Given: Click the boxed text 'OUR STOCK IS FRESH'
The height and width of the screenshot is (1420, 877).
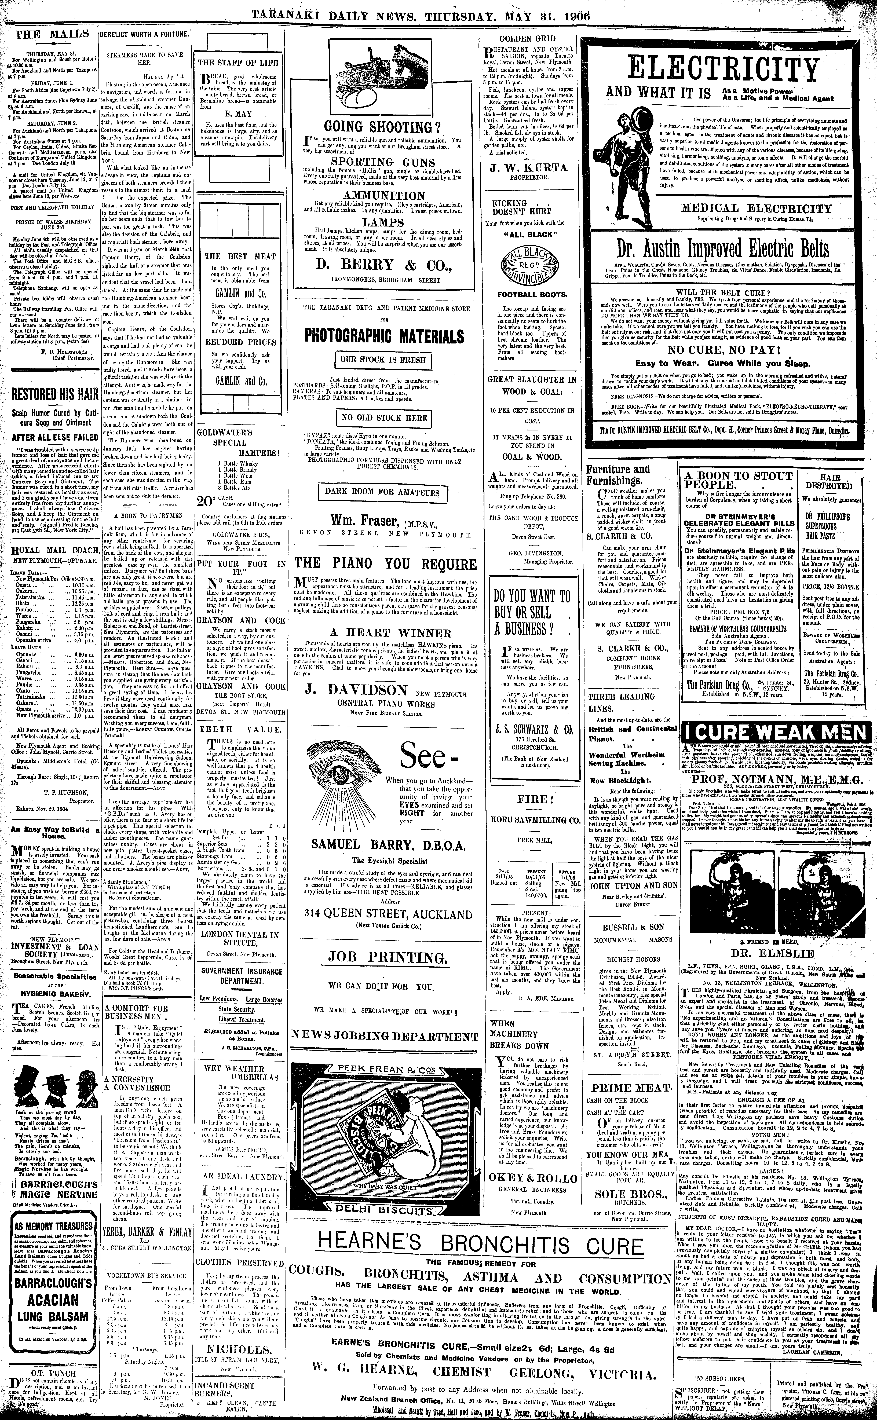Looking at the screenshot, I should pos(385,360).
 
